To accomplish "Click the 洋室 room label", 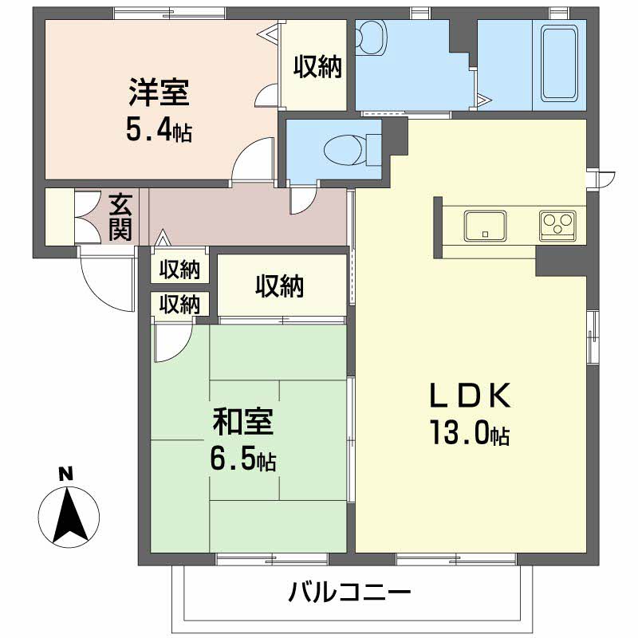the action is coord(159,93).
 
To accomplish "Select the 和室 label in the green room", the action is coord(243,422).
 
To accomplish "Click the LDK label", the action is coord(471,396).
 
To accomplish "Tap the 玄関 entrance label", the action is coord(121,217).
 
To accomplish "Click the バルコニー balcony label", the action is coord(349,592).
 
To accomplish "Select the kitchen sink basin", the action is coord(485,226).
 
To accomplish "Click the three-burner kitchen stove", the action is coord(557,226).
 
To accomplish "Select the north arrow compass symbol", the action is coord(69,518).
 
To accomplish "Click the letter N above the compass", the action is coord(65,474).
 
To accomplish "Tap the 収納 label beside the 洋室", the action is coord(317,66).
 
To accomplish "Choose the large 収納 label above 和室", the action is coord(280,286).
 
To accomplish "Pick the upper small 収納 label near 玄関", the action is coord(179,269).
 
